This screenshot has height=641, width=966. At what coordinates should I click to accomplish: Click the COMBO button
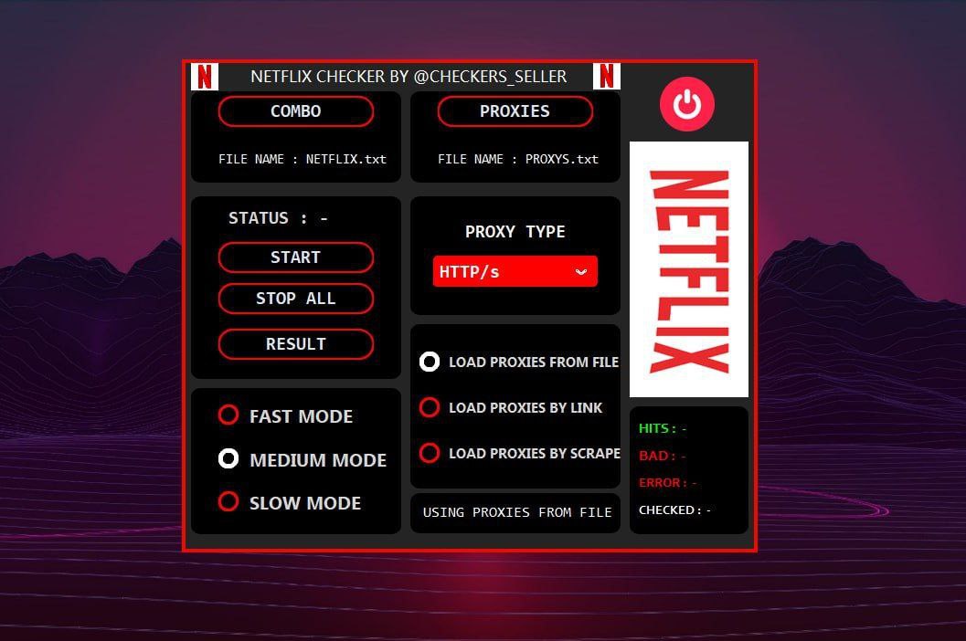(x=296, y=111)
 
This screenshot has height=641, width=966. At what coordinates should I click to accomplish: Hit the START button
(x=296, y=257)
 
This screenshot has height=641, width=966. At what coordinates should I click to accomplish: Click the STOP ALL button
(x=296, y=299)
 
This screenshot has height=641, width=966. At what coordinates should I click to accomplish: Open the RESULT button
(x=296, y=344)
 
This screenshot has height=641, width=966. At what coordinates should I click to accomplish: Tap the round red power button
(x=687, y=104)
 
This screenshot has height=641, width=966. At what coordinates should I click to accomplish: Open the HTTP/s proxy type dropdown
(x=515, y=271)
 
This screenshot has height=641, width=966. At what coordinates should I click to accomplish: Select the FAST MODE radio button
(x=228, y=415)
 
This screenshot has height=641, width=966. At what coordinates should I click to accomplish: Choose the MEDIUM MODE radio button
(x=228, y=458)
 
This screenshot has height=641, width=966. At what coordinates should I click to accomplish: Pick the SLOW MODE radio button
(x=228, y=501)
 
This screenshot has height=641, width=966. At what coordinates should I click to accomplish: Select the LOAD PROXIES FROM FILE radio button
(x=430, y=362)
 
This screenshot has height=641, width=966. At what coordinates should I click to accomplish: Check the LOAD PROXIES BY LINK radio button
(x=430, y=407)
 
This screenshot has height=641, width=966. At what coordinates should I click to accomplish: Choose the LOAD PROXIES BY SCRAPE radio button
(x=430, y=453)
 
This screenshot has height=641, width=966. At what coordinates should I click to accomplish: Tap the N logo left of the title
(x=205, y=77)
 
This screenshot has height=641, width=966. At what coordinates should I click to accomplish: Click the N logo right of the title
(x=606, y=77)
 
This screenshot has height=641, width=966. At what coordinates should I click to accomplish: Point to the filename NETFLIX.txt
(x=346, y=159)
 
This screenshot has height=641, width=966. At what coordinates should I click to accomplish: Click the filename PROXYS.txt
(x=562, y=159)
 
